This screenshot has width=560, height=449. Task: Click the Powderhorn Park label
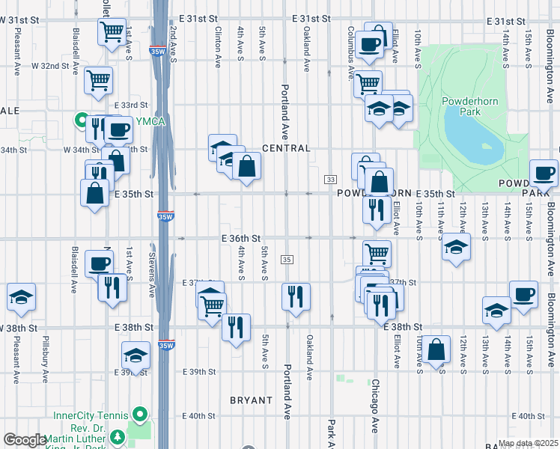click(x=470, y=105)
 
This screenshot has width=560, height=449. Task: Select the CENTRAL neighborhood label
click(x=286, y=148)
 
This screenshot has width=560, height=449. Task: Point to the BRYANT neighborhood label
click(x=251, y=400)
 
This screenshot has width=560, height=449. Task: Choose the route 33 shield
click(x=329, y=180)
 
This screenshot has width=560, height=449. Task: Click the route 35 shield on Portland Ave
click(x=287, y=259)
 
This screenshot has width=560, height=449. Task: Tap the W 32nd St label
click(x=50, y=66)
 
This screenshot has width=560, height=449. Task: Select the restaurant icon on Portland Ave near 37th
click(x=296, y=295)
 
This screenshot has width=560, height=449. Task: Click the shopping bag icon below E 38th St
click(x=436, y=348)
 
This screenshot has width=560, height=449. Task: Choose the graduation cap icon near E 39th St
click(x=136, y=355)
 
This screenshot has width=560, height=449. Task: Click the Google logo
click(x=25, y=440)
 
